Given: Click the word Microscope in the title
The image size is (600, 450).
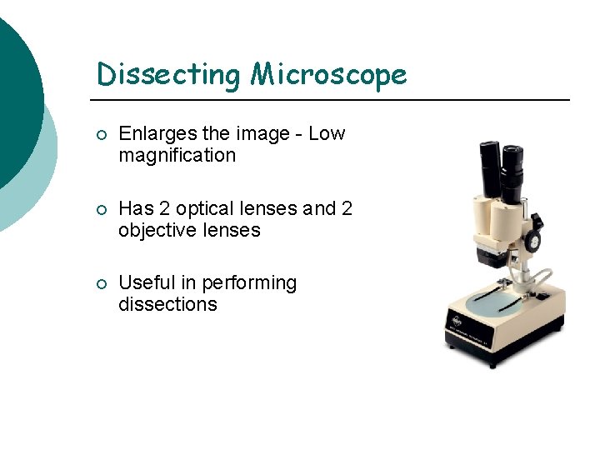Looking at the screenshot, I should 329,74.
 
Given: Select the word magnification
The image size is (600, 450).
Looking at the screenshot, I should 177,155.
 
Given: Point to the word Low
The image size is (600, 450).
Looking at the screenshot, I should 327,134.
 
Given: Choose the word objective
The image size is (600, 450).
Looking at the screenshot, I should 158,230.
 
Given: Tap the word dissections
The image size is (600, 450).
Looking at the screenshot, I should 167,304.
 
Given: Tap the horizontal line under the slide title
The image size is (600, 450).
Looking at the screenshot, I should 333,100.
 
